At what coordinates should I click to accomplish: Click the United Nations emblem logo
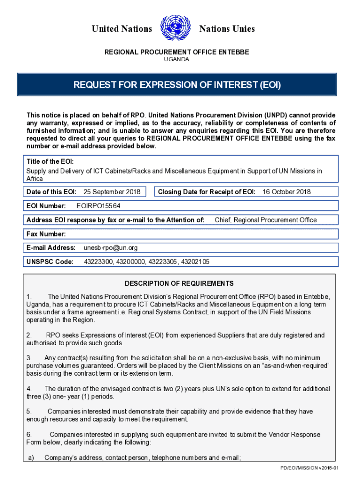(175, 29)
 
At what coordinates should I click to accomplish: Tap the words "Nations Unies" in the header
(227, 29)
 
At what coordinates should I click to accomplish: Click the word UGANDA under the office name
(176, 59)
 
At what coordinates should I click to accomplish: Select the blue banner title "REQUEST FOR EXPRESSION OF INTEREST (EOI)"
(177, 85)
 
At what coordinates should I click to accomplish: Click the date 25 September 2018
(112, 192)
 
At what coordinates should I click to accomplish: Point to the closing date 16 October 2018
(286, 192)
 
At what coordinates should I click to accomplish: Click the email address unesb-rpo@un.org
(110, 247)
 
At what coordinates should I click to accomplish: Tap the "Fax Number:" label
(46, 234)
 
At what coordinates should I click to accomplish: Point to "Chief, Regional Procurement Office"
(266, 220)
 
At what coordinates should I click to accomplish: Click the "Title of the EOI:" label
(50, 161)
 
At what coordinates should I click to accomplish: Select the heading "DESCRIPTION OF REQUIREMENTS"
(179, 283)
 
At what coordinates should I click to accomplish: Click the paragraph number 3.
(29, 358)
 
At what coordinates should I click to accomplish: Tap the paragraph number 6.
(29, 435)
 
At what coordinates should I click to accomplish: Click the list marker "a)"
(31, 458)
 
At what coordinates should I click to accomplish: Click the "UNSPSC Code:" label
(50, 262)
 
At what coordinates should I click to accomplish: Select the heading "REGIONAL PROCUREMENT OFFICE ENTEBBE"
(176, 52)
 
